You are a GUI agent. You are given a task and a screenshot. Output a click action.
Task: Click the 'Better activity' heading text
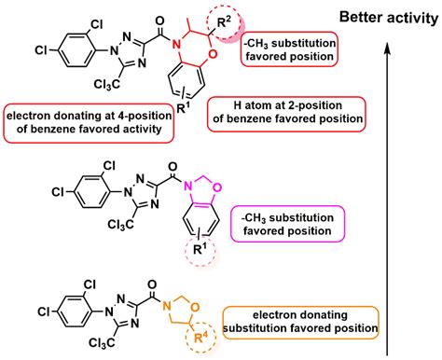381,17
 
